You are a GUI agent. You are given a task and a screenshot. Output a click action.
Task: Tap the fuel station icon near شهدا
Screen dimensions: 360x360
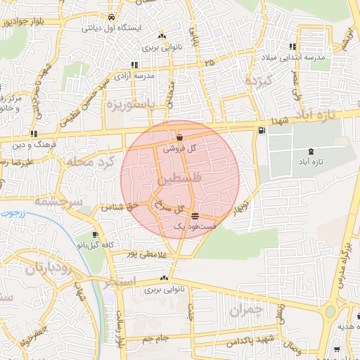pos(262,130)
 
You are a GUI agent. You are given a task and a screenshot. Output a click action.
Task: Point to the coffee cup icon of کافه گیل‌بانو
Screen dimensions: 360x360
pos(96,235)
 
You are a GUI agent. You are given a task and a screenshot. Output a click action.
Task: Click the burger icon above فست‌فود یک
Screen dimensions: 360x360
pos(194,216)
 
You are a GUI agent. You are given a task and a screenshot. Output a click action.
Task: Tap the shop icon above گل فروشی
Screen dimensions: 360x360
pos(181,138)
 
